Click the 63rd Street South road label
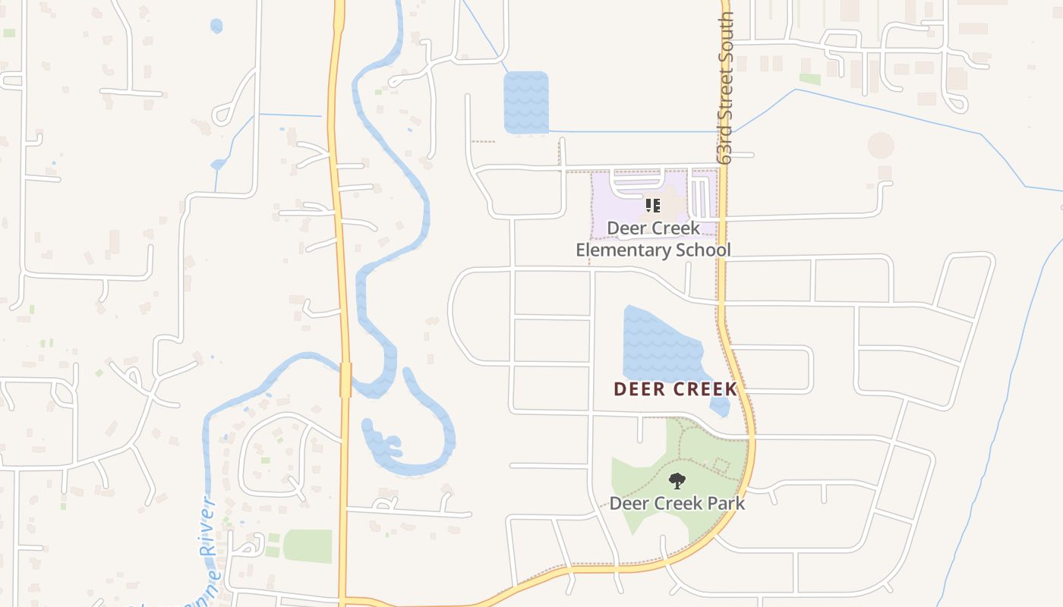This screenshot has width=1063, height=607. point(727,87)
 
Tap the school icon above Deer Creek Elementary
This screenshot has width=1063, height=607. point(653,206)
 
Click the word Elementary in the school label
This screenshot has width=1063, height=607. point(622,250)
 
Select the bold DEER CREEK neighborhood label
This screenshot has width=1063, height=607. point(675,389)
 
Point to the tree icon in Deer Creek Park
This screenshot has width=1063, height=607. point(677,480)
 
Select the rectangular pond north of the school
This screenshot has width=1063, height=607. point(525,102)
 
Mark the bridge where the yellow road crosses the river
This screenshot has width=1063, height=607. point(345,379)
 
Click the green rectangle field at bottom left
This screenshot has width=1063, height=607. point(308,546)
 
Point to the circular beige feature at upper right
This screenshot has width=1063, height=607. point(881,146)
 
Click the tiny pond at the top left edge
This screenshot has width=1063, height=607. point(216,26)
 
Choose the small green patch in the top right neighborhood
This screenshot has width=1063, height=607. point(810,79)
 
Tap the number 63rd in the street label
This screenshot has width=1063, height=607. point(727,140)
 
